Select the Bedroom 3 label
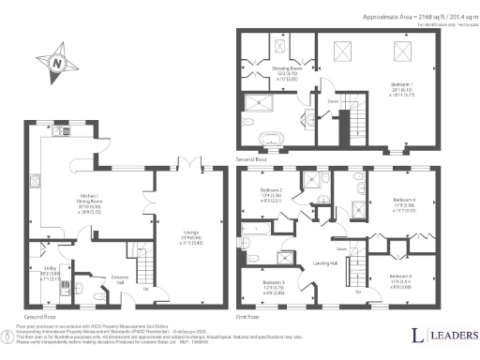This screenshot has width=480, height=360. click(274, 285)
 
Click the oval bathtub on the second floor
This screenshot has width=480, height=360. click(267, 140)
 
